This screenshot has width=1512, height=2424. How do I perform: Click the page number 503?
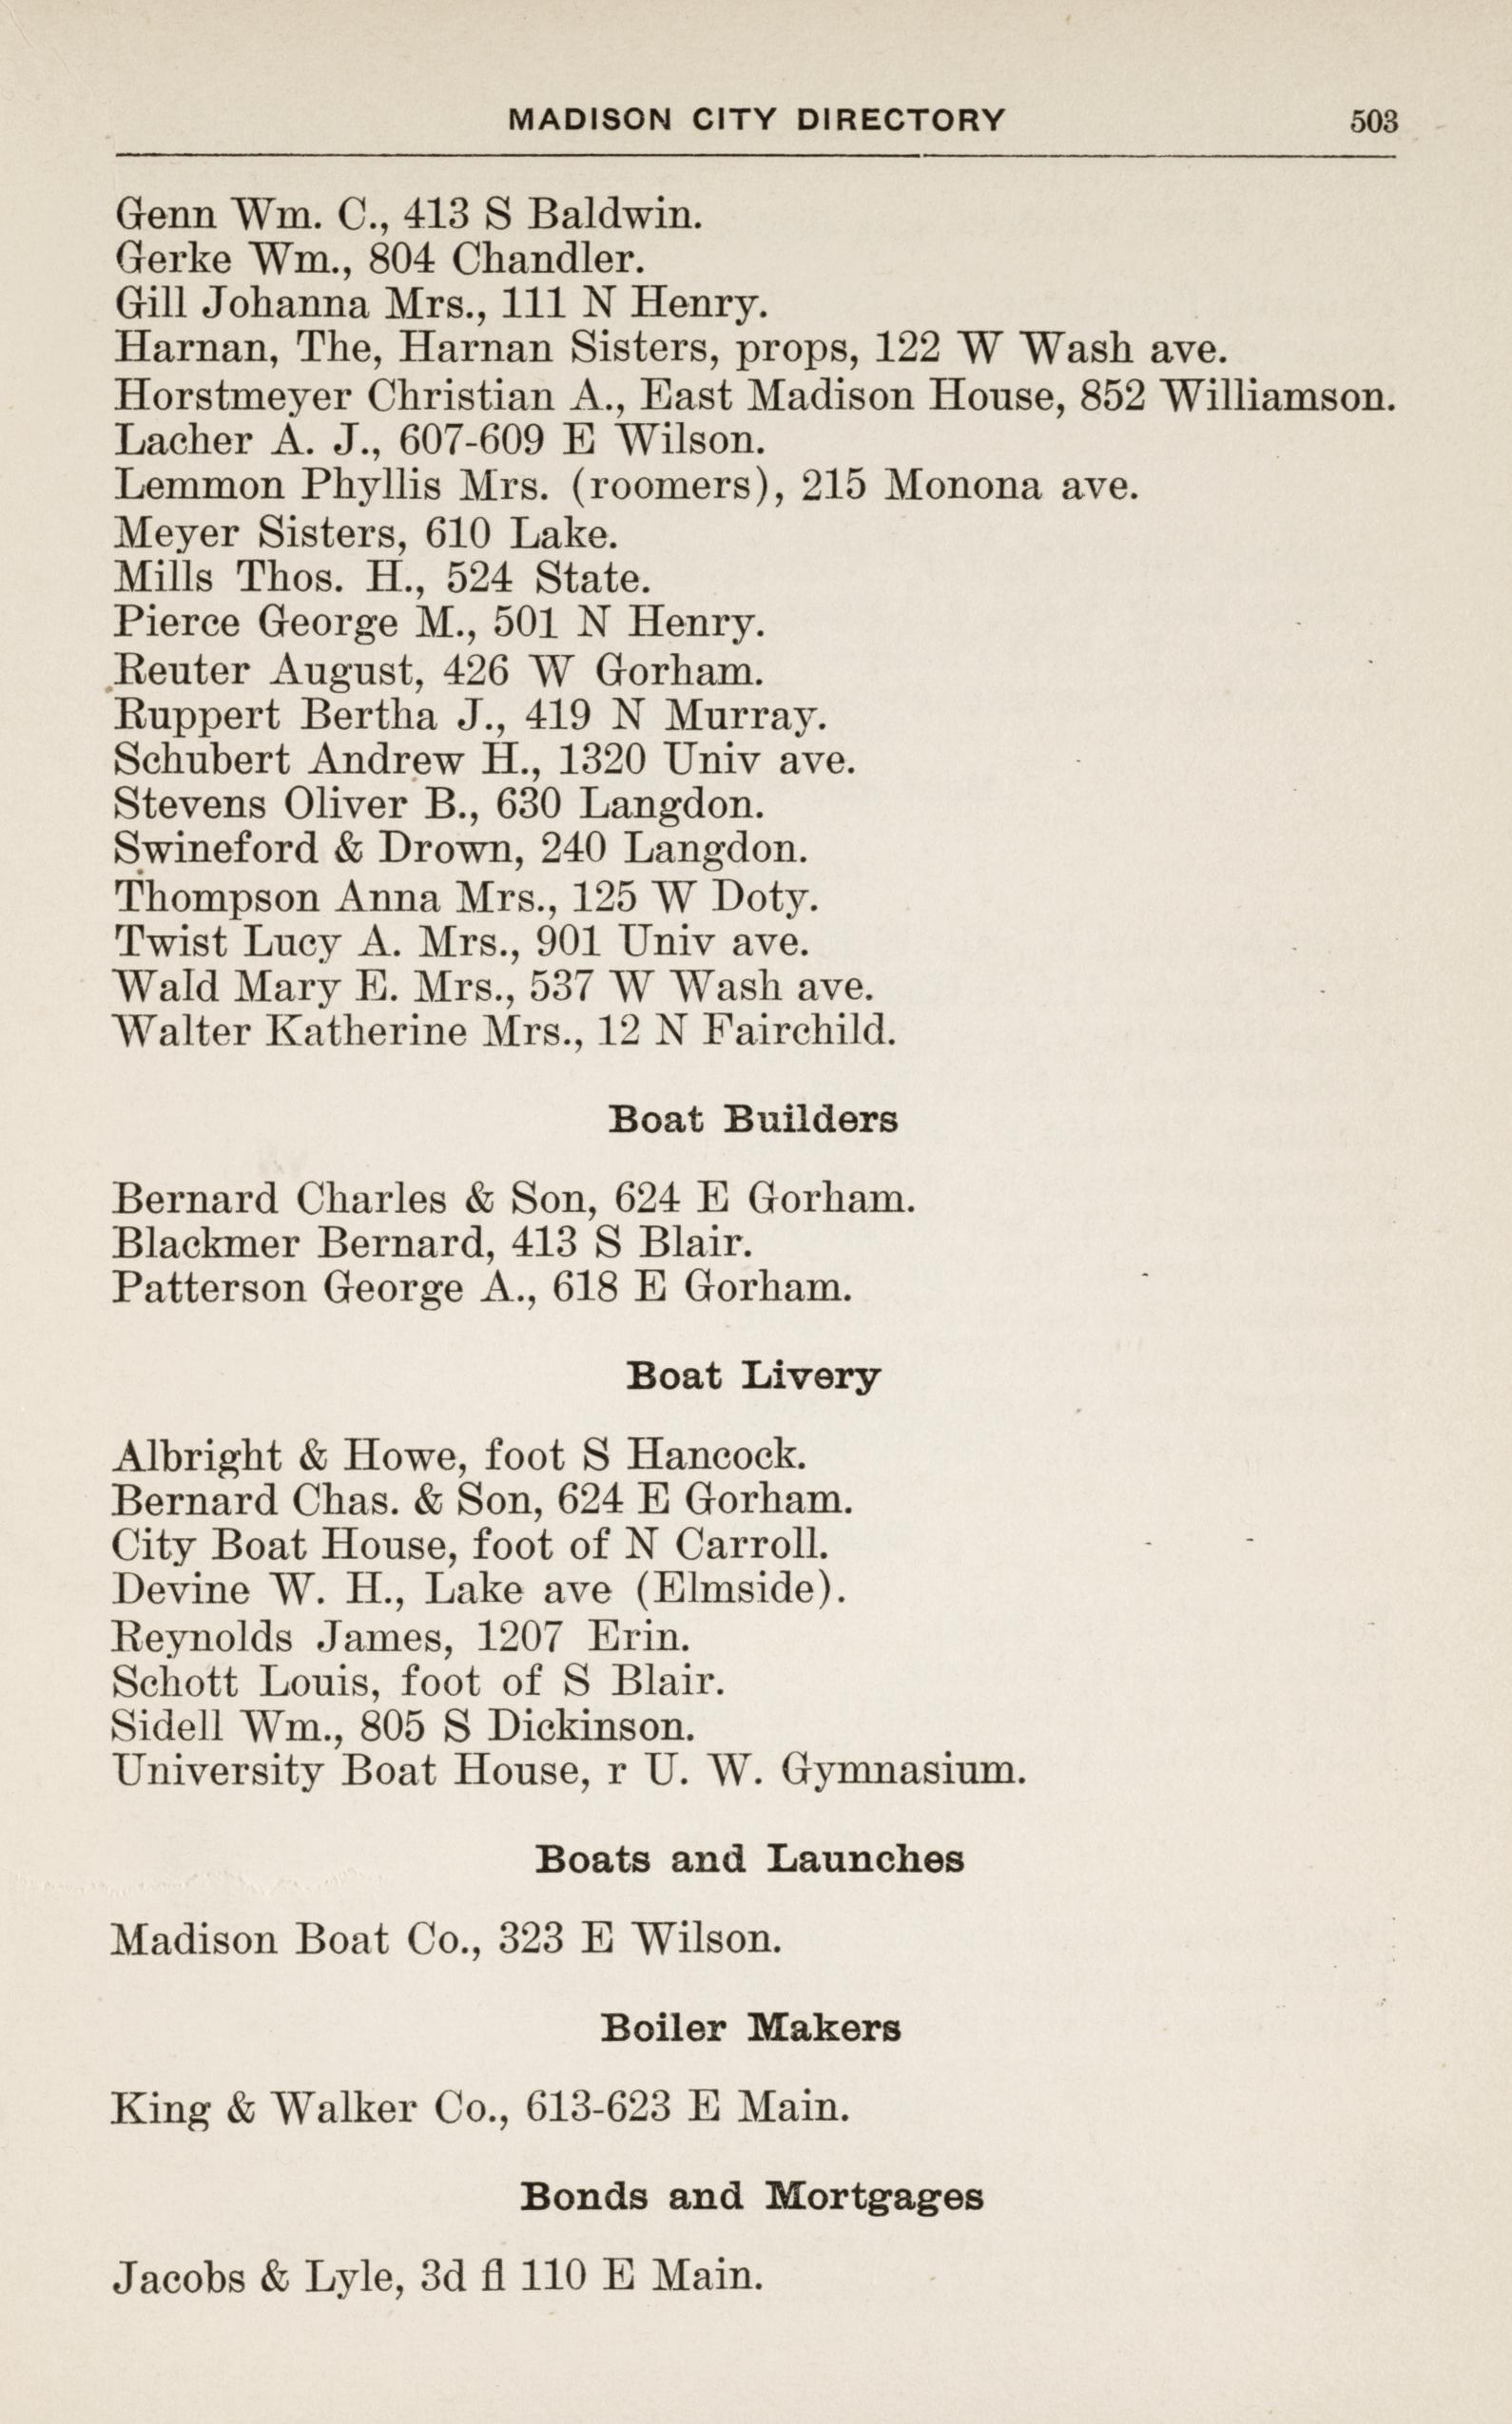pos(1373,121)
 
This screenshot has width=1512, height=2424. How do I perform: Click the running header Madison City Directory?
pos(757,121)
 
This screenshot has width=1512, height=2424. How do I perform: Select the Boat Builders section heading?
pos(753,1121)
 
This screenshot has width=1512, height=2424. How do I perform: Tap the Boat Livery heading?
pos(753,1377)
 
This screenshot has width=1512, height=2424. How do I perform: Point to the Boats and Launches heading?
pos(750,1860)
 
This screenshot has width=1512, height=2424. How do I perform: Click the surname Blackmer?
pos(205,1242)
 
